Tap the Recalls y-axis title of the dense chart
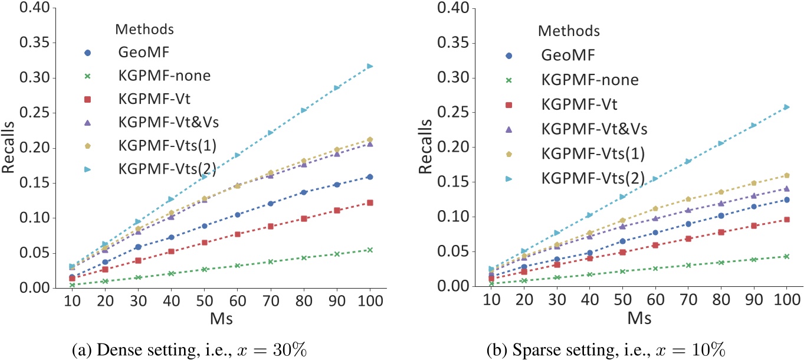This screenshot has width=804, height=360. pyautogui.click(x=9, y=148)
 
